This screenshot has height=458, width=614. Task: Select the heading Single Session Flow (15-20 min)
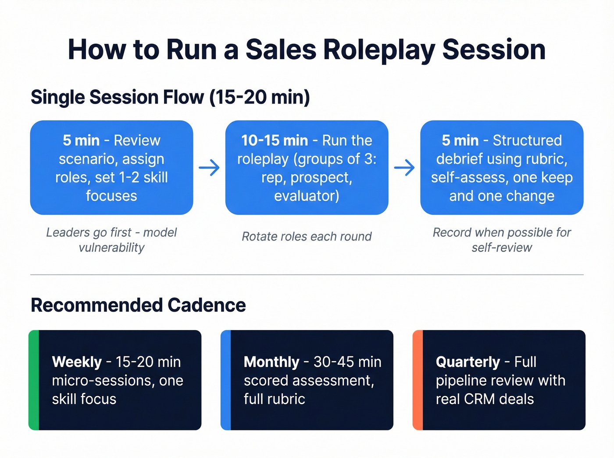(x=170, y=97)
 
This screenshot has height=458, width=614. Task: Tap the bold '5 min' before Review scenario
(x=81, y=140)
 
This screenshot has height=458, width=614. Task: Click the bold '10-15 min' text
(x=275, y=140)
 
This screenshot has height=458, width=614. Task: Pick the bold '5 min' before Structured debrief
(x=460, y=140)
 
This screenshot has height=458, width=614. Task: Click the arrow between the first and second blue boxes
(x=209, y=167)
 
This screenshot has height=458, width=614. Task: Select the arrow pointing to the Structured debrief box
(x=404, y=167)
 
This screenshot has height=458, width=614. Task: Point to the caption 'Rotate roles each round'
(x=307, y=237)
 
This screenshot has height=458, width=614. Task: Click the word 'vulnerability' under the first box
(x=111, y=248)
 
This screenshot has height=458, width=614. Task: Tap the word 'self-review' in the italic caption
(x=502, y=248)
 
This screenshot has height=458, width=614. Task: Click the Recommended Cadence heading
(x=138, y=305)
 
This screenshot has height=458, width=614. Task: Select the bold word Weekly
(x=77, y=362)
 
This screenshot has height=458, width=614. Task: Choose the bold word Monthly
(x=271, y=362)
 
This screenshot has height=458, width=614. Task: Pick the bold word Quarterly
(x=468, y=362)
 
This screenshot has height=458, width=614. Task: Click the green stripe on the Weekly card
(x=34, y=380)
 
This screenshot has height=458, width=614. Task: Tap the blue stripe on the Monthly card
(x=225, y=380)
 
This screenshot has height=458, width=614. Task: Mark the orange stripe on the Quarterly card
(x=418, y=380)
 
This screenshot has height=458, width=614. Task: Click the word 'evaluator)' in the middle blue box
(x=307, y=195)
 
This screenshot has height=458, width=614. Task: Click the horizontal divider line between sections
(x=307, y=275)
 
